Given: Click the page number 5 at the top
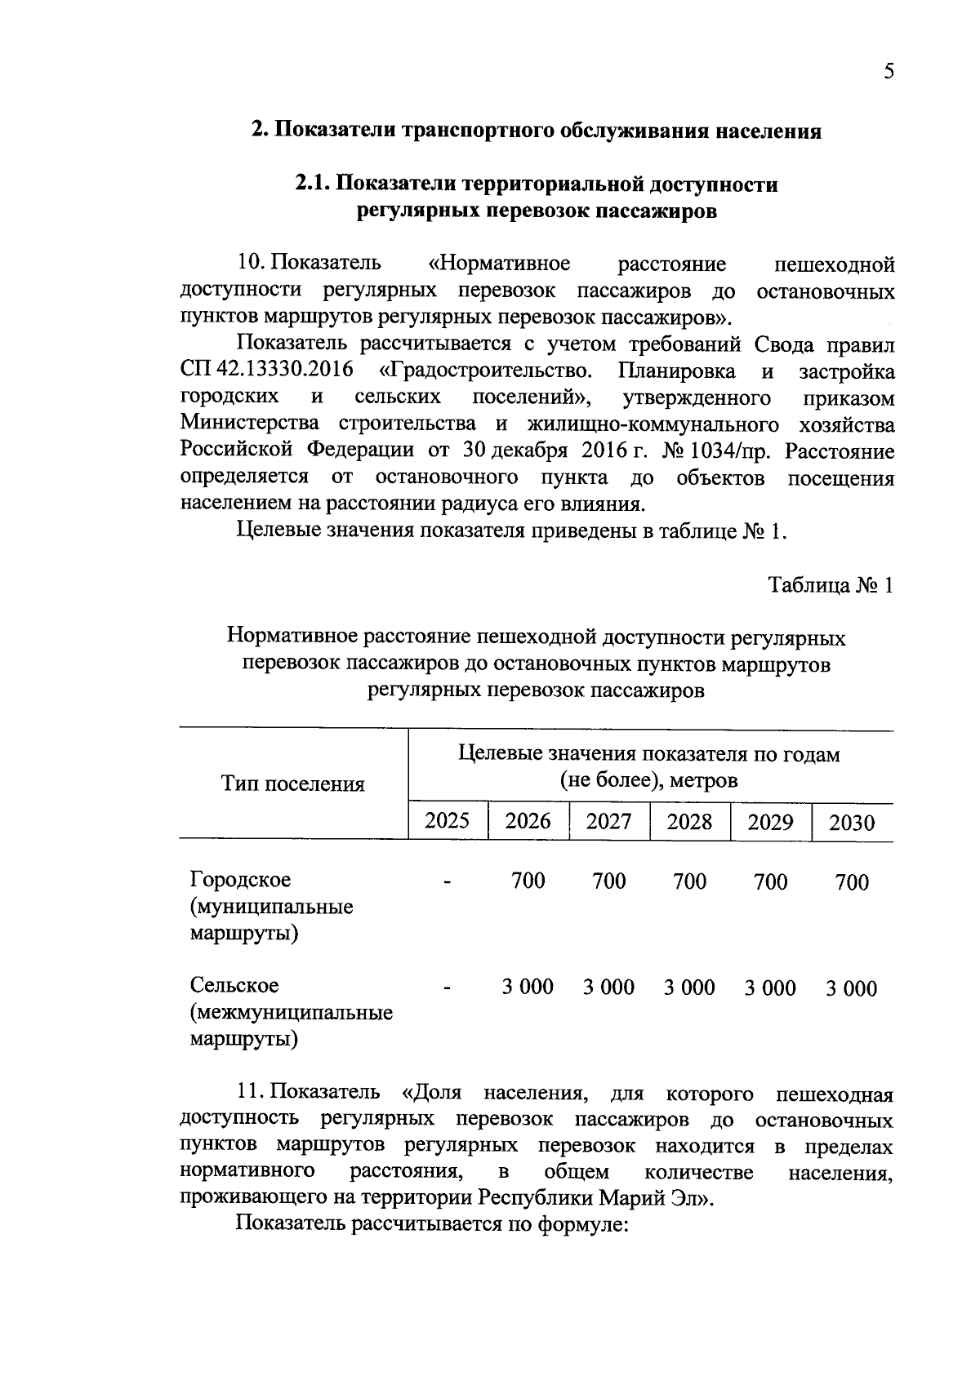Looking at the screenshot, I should coord(889,72).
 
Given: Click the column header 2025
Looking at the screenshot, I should coord(447,820).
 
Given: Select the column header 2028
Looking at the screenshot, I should coord(689,821).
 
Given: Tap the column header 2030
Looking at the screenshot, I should coord(851,823).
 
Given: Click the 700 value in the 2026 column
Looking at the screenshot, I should coord(528,881).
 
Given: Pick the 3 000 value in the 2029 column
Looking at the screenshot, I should coord(769,988).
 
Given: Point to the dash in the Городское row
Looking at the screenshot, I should coord(447,882).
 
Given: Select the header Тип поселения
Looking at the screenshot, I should coord(292,784).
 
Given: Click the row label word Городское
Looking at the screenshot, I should coord(240,881).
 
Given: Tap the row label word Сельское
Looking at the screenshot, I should coord(234,986).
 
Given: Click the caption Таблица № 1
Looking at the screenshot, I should coord(831,585).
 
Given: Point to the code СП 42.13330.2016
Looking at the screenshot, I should coord(267,371).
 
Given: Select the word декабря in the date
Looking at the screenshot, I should coord(530,451).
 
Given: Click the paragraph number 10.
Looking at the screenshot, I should coord(248,264).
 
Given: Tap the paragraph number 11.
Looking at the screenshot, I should coord(248,1092).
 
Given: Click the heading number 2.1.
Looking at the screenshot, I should coord(311,184).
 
